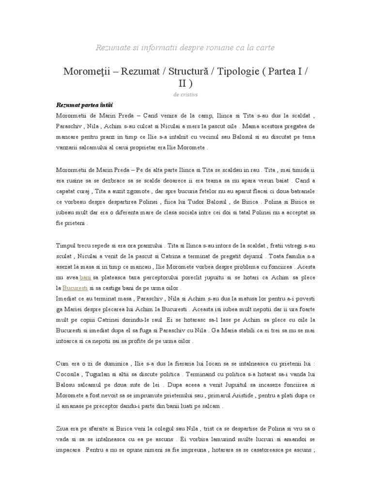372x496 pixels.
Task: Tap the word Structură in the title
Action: click(x=183, y=71)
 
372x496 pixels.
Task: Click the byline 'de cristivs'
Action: click(x=186, y=94)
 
